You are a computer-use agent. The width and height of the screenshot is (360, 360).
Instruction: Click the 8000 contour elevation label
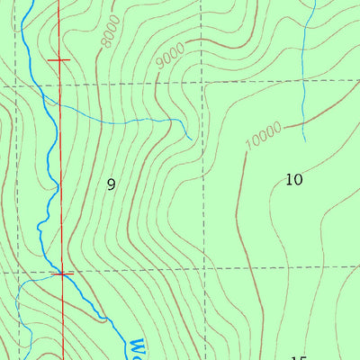pos(110,33)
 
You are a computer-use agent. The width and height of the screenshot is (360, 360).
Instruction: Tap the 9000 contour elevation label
pos(169,55)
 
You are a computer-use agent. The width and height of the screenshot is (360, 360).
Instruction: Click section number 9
pos(112,184)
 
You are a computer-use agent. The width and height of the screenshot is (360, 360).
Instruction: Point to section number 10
pos(293,179)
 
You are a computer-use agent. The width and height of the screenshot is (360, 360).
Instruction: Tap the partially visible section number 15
pos(299,357)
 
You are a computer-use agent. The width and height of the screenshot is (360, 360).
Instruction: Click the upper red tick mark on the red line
pos(58,59)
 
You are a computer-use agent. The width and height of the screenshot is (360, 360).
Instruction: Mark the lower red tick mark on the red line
pos(62,273)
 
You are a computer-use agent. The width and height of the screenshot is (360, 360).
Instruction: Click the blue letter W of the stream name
pos(137,346)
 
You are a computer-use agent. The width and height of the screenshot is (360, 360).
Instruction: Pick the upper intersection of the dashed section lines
pos(205,83)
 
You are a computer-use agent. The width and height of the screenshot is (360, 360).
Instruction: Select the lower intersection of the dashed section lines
pos(205,269)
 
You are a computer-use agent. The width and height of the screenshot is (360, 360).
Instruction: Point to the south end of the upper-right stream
pos(304,141)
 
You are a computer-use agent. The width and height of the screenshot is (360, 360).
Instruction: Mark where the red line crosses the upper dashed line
pos(59,84)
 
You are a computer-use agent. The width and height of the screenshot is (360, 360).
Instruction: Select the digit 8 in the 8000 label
pos(103,43)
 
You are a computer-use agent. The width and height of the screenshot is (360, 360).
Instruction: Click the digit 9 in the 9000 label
pos(159,61)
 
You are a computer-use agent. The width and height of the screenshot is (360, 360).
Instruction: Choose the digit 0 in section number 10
pos(298,179)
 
